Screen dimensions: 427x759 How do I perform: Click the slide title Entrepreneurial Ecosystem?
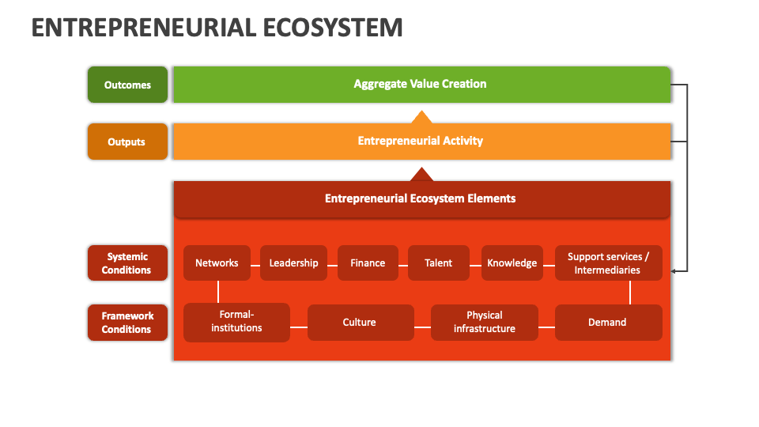(x=217, y=27)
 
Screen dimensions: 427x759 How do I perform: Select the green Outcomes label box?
(x=127, y=85)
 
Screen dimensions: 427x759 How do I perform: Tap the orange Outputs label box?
(x=127, y=142)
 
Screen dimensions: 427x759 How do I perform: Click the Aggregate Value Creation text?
(x=420, y=84)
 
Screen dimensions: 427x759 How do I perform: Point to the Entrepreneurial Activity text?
(x=420, y=141)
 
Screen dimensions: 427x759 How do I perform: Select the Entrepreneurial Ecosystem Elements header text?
(x=420, y=198)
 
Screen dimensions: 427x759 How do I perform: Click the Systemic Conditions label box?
(x=127, y=263)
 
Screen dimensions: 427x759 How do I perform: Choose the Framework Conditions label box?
(x=127, y=323)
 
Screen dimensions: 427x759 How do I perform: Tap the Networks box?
(x=217, y=263)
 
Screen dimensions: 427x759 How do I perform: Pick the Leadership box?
(x=293, y=263)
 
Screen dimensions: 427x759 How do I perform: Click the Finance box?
(x=368, y=263)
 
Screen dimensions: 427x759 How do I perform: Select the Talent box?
(x=438, y=263)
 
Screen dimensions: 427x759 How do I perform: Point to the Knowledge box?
(x=512, y=263)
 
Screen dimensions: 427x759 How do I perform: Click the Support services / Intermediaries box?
(x=608, y=263)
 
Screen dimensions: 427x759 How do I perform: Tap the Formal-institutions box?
(x=236, y=323)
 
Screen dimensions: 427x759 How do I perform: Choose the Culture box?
(x=360, y=323)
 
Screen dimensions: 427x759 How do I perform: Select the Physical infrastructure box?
(x=484, y=323)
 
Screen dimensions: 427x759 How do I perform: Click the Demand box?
(x=608, y=323)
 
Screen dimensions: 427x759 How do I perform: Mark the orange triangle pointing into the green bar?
(x=421, y=118)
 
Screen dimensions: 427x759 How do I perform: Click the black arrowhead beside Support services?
(x=674, y=271)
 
